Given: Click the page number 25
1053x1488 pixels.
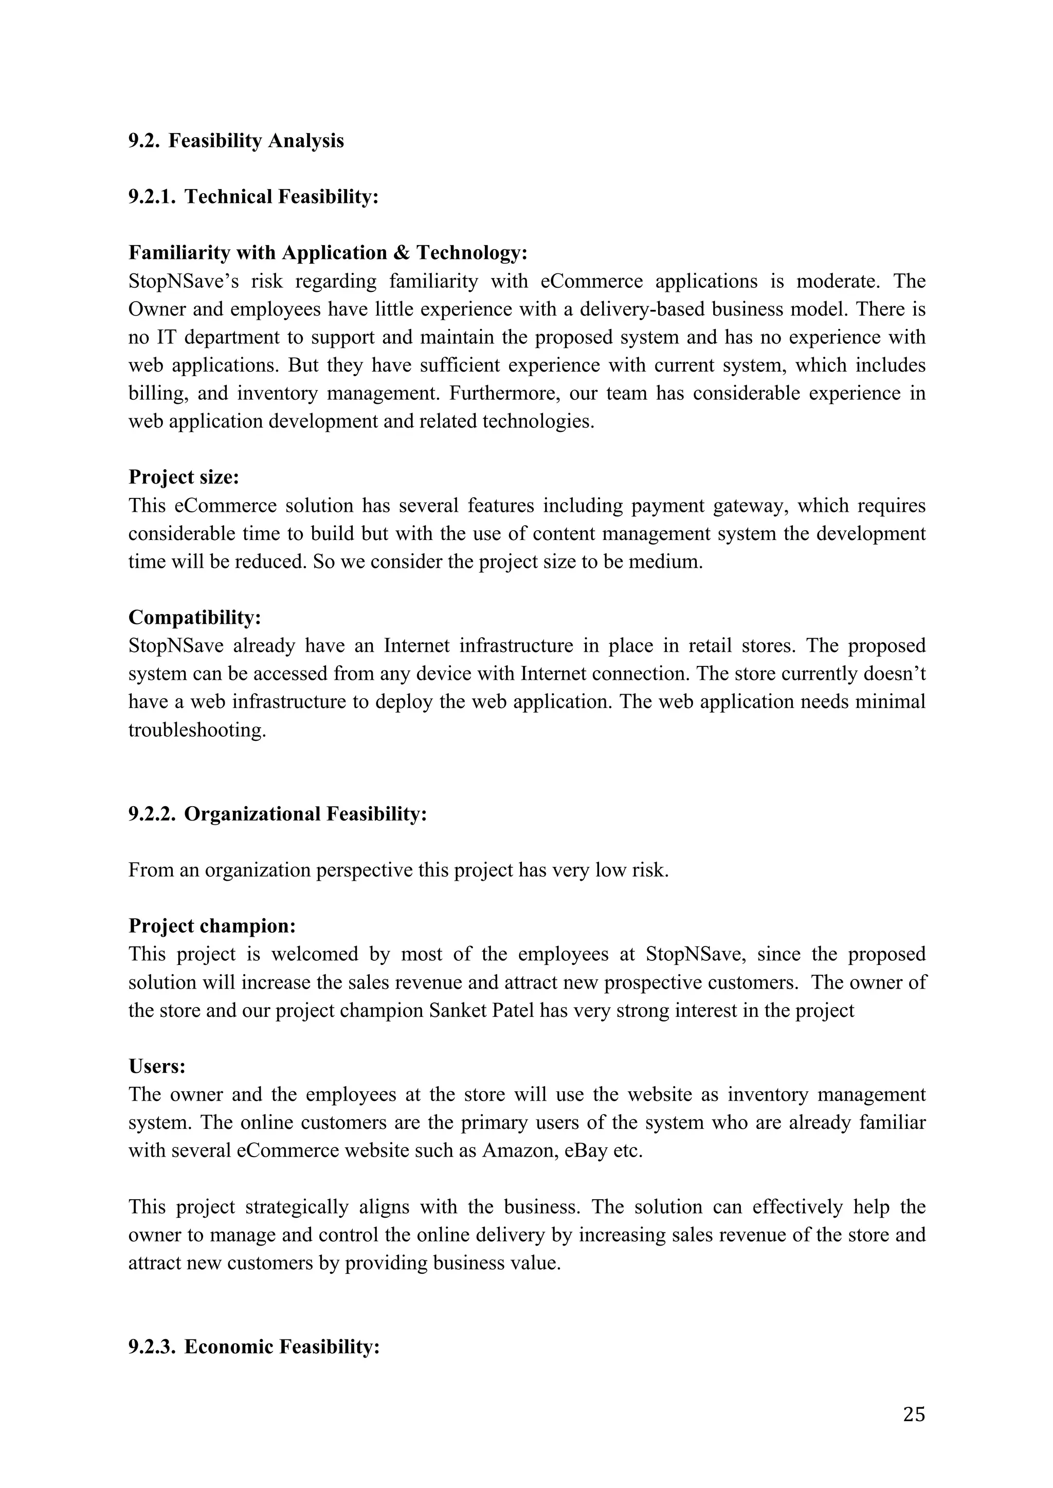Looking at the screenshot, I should pyautogui.click(x=914, y=1414).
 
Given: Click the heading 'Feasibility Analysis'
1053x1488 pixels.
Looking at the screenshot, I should pyautogui.click(x=256, y=141).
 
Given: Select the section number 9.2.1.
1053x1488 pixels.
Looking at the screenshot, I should pyautogui.click(x=152, y=196).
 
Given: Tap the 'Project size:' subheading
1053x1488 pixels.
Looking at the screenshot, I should pyautogui.click(x=184, y=477).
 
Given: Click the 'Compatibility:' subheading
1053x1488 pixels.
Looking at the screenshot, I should pyautogui.click(x=194, y=617).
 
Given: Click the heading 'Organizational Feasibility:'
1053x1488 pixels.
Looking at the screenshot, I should pyautogui.click(x=305, y=813).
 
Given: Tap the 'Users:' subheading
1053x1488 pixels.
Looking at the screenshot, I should pyautogui.click(x=157, y=1066).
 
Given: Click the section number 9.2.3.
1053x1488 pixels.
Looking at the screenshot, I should pyautogui.click(x=152, y=1347).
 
